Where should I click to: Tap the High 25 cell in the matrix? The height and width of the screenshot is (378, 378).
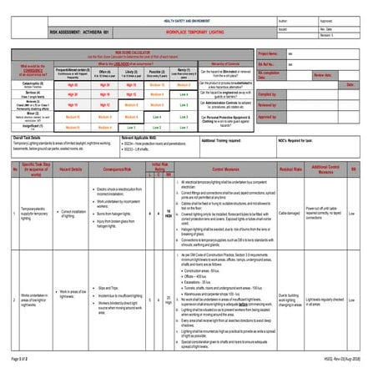(73, 85)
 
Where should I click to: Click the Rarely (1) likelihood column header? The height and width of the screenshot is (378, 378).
(184, 73)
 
